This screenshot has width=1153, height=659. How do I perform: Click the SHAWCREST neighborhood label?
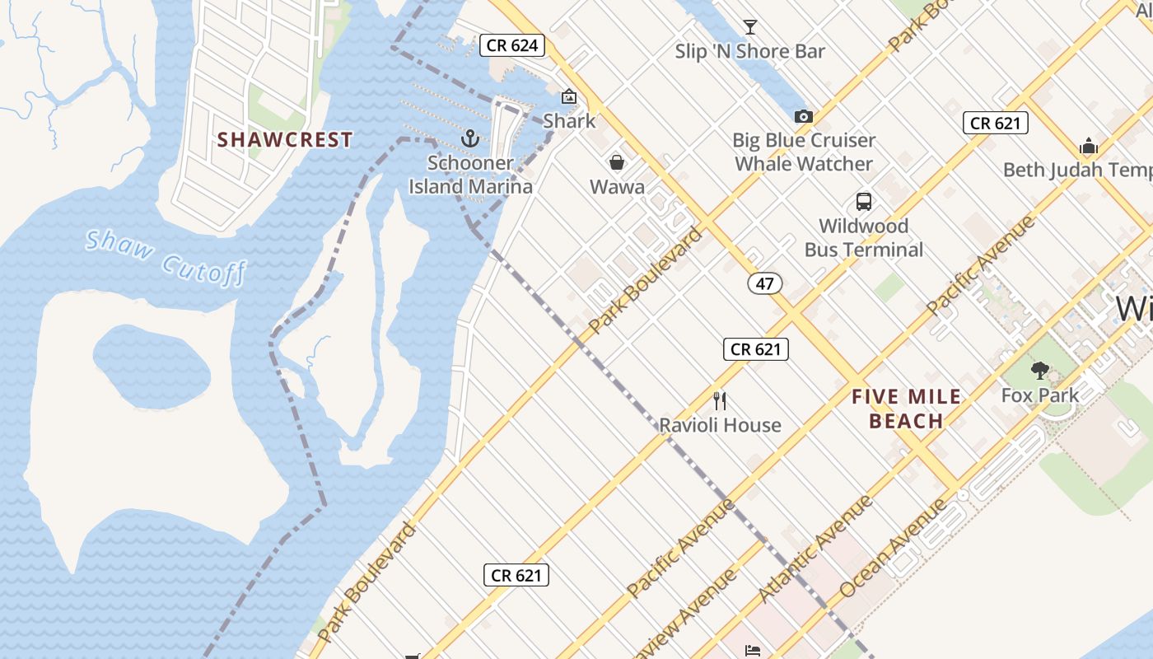[285, 140]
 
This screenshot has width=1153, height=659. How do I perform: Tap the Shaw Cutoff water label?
[166, 256]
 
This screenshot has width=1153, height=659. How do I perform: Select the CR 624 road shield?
[512, 45]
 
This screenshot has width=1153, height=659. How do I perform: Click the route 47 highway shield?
[765, 283]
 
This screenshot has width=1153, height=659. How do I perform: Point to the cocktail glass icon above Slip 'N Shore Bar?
[749, 27]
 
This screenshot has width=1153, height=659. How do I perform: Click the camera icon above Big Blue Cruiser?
[804, 117]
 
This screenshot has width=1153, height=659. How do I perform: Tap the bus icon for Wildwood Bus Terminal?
[863, 202]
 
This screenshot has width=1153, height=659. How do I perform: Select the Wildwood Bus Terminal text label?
[863, 237]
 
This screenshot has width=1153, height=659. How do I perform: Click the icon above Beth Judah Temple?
[1089, 147]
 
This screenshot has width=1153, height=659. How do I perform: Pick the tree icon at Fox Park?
[1040, 371]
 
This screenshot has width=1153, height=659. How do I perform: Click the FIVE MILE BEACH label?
[906, 409]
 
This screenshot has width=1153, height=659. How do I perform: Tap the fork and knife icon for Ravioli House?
[720, 401]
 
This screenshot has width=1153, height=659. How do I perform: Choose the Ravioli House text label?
[720, 425]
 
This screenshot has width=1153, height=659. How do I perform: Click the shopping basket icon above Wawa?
[617, 162]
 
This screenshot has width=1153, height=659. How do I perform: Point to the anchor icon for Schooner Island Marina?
[470, 138]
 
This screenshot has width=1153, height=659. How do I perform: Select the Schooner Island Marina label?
[470, 175]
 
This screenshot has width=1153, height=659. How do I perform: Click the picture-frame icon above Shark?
[568, 96]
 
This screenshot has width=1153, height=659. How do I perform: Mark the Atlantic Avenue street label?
[815, 549]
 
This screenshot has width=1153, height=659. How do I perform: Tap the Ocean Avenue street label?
[894, 547]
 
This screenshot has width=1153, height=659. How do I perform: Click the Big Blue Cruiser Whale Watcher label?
[804, 152]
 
